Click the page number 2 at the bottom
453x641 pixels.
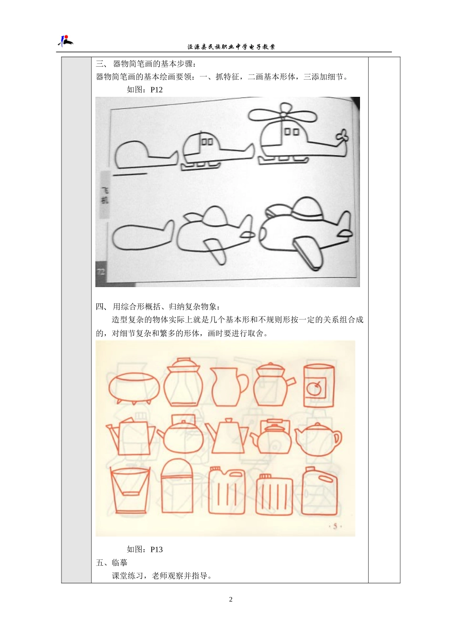click(x=231, y=600)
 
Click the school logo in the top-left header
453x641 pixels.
click(x=65, y=41)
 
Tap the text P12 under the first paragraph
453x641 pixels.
click(x=156, y=90)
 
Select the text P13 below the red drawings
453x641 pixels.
click(x=156, y=549)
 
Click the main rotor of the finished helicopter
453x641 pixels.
click(x=282, y=115)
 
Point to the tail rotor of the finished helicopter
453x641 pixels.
click(x=342, y=137)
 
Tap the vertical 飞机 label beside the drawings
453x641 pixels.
click(x=105, y=195)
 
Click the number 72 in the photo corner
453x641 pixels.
click(x=101, y=272)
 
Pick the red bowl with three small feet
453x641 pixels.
click(x=133, y=387)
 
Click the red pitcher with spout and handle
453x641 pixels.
click(x=228, y=386)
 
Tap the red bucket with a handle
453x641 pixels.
click(x=129, y=489)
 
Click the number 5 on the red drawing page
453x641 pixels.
click(x=335, y=526)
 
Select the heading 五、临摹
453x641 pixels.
click(x=112, y=563)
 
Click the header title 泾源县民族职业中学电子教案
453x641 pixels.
click(x=231, y=47)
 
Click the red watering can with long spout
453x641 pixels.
click(x=131, y=436)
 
